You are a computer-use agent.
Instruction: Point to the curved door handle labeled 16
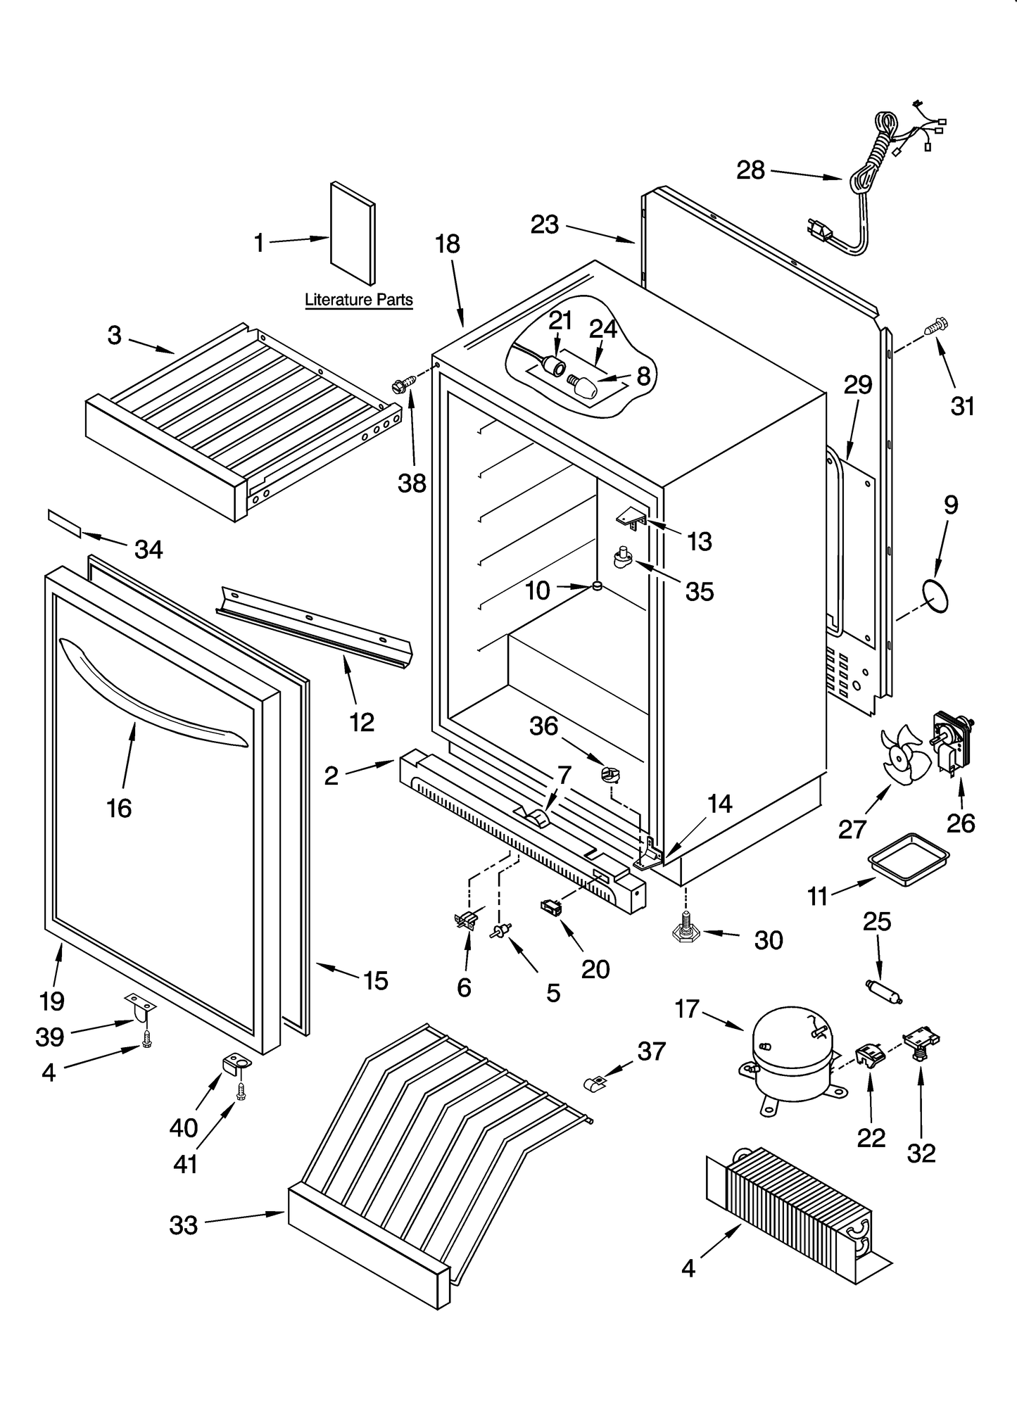point(151,688)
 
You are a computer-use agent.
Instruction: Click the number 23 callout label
point(544,224)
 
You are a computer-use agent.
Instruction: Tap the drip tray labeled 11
point(908,856)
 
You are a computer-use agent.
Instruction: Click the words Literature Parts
point(358,300)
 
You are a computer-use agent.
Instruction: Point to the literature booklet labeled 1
point(353,233)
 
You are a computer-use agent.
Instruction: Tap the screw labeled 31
point(937,325)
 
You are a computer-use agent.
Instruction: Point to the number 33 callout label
point(184,1225)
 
